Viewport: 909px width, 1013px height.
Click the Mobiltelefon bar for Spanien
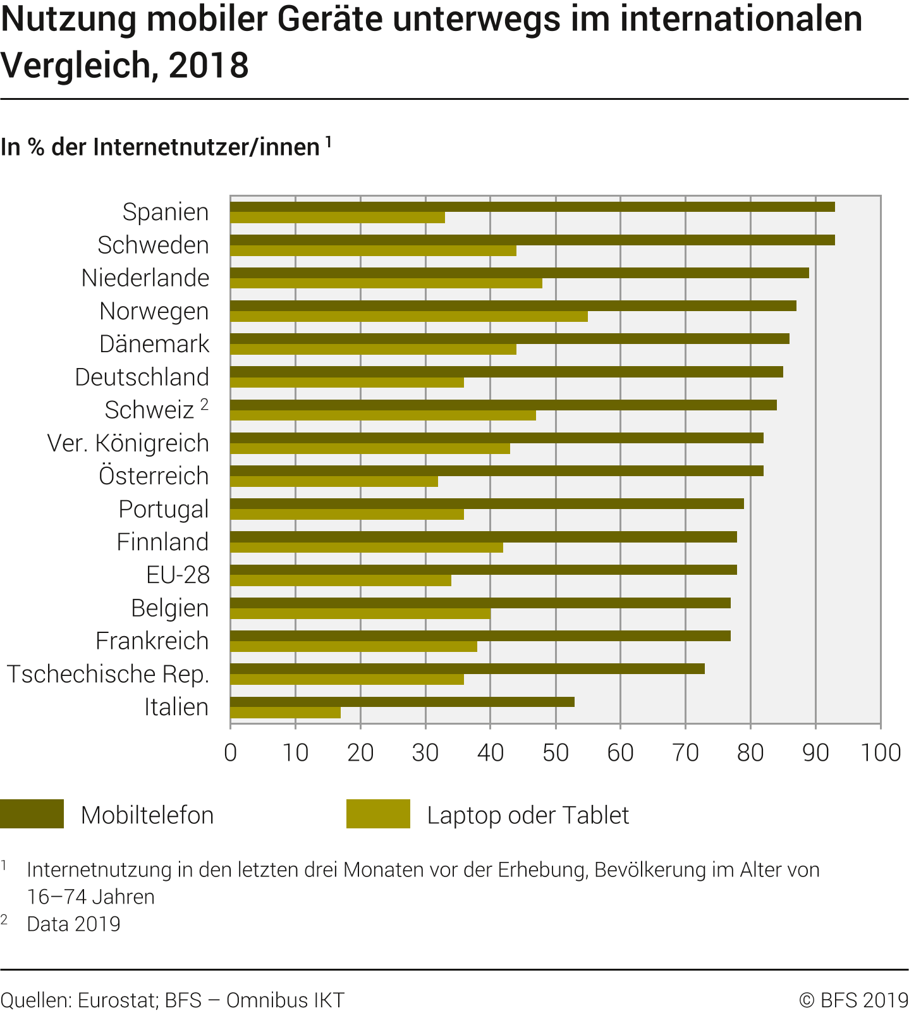pyautogui.click(x=532, y=207)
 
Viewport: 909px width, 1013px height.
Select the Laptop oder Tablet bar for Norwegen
pyautogui.click(x=409, y=316)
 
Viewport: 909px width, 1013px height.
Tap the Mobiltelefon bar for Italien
pyautogui.click(x=402, y=702)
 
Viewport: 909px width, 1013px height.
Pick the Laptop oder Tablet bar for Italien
pyautogui.click(x=285, y=713)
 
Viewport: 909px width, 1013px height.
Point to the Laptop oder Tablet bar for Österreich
pyautogui.click(x=334, y=482)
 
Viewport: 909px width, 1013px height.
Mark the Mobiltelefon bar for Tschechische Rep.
pyautogui.click(x=467, y=669)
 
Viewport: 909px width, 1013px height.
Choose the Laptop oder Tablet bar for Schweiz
pyautogui.click(x=383, y=415)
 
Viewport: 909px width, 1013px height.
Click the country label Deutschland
pyautogui.click(x=142, y=377)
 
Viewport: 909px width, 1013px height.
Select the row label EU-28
pyautogui.click(x=178, y=575)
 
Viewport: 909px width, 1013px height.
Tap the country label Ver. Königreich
pyautogui.click(x=128, y=443)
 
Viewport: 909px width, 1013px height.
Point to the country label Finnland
pyautogui.click(x=162, y=542)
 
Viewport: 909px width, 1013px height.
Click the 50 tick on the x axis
pyautogui.click(x=555, y=752)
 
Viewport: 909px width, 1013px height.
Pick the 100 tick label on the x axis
pyautogui.click(x=881, y=752)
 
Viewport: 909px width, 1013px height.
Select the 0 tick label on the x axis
pyautogui.click(x=231, y=752)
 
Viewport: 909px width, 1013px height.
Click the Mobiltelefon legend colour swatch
pyautogui.click(x=32, y=814)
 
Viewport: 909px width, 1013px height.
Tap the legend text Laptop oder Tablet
pyautogui.click(x=528, y=815)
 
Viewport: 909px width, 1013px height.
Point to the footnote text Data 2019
pyautogui.click(x=73, y=924)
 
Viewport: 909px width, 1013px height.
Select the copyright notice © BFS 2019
pyautogui.click(x=853, y=1000)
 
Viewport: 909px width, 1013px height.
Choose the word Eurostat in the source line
pyautogui.click(x=117, y=1000)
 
